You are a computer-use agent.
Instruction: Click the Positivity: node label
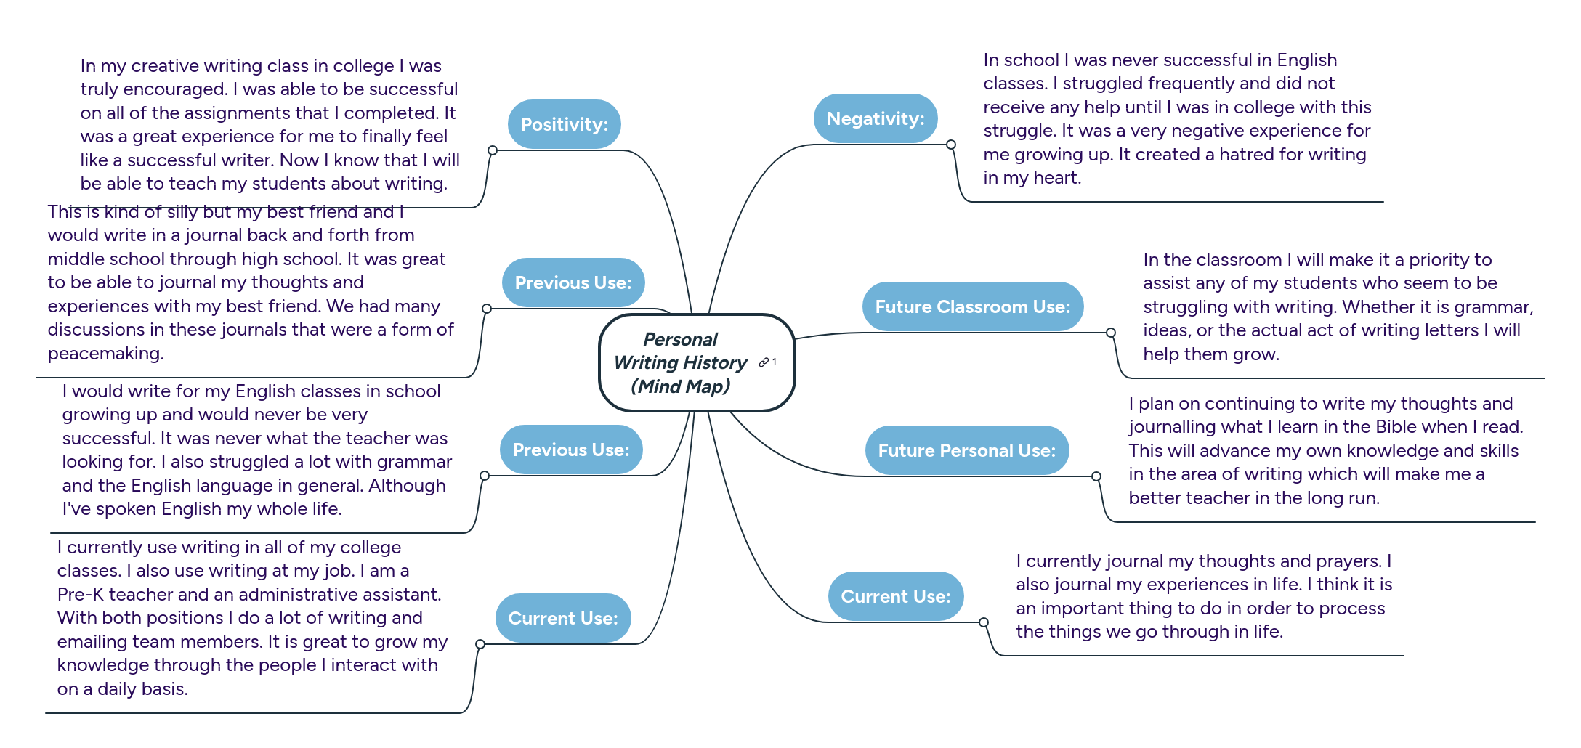click(x=564, y=124)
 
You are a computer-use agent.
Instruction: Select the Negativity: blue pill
click(x=875, y=118)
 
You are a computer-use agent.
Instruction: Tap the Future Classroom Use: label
click(x=972, y=306)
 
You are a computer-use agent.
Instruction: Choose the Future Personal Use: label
click(x=966, y=450)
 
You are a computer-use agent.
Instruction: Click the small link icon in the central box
click(x=764, y=362)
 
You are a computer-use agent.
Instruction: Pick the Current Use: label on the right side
click(x=895, y=596)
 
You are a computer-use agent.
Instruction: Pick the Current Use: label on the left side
click(x=562, y=618)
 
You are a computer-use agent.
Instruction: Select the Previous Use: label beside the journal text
click(x=573, y=282)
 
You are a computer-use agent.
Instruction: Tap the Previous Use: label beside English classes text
click(x=570, y=450)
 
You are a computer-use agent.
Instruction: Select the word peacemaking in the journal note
click(x=105, y=354)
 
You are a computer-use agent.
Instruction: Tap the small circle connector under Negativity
click(x=950, y=145)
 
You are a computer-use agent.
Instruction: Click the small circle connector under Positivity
click(x=493, y=150)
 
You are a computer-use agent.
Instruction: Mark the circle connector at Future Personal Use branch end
click(x=1096, y=476)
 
